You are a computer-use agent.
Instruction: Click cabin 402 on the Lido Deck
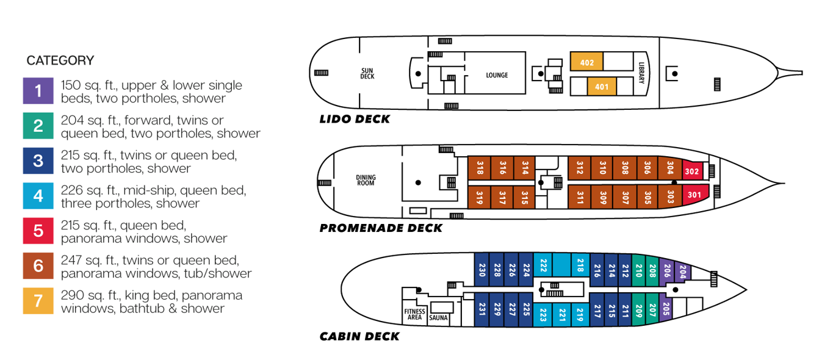click(x=586, y=62)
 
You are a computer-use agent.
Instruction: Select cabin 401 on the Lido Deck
click(x=602, y=87)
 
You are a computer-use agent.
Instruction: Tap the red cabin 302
click(x=691, y=171)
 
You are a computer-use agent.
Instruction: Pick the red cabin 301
click(x=695, y=195)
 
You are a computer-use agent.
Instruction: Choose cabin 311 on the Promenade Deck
click(x=579, y=198)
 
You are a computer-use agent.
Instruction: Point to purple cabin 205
click(x=666, y=308)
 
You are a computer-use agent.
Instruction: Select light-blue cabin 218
click(x=580, y=266)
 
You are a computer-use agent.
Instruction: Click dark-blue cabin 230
click(x=482, y=268)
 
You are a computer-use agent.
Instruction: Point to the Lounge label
click(x=497, y=76)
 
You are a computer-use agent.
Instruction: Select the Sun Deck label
click(x=367, y=74)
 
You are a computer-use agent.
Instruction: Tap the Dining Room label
click(x=366, y=181)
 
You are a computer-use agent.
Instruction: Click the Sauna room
click(x=439, y=318)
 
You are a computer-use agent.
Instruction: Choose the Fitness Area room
click(x=414, y=314)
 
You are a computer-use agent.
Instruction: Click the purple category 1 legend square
click(x=38, y=92)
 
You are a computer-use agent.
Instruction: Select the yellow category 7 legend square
click(x=38, y=301)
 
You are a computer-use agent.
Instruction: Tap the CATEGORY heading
click(x=60, y=60)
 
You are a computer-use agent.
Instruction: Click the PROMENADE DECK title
click(x=381, y=229)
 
